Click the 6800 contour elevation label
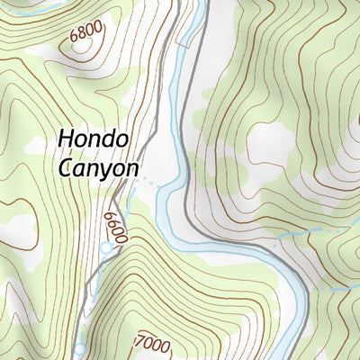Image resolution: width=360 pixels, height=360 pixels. point(85,31)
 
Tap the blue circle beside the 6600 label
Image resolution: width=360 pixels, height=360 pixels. point(106,247)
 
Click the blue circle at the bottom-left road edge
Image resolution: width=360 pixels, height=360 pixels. point(79,347)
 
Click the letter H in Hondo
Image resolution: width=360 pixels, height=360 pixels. point(66,140)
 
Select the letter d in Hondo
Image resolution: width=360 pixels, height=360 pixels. point(109,140)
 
